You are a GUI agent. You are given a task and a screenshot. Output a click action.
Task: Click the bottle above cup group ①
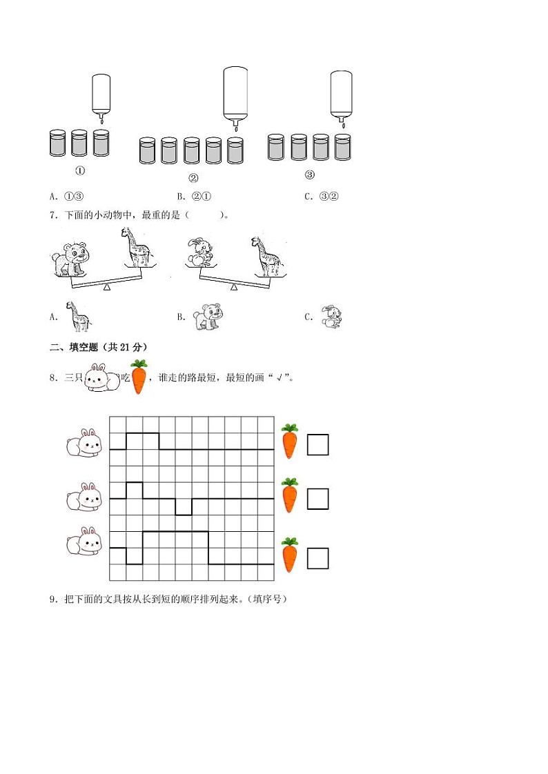101,95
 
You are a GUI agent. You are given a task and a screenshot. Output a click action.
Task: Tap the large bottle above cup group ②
235,95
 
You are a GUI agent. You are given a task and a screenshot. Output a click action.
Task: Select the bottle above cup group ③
341,95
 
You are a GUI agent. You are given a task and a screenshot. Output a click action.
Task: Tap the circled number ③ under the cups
309,174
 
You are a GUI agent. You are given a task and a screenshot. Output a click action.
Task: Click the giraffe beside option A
77,316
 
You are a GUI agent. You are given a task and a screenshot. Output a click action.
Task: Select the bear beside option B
207,315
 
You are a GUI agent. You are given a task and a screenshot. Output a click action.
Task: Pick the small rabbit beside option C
331,316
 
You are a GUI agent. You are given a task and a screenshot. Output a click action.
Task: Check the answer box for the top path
317,444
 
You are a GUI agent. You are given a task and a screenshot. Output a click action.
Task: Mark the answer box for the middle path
317,498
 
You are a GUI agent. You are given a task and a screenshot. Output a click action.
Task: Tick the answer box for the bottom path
317,557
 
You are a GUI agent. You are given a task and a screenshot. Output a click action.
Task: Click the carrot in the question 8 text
139,377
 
